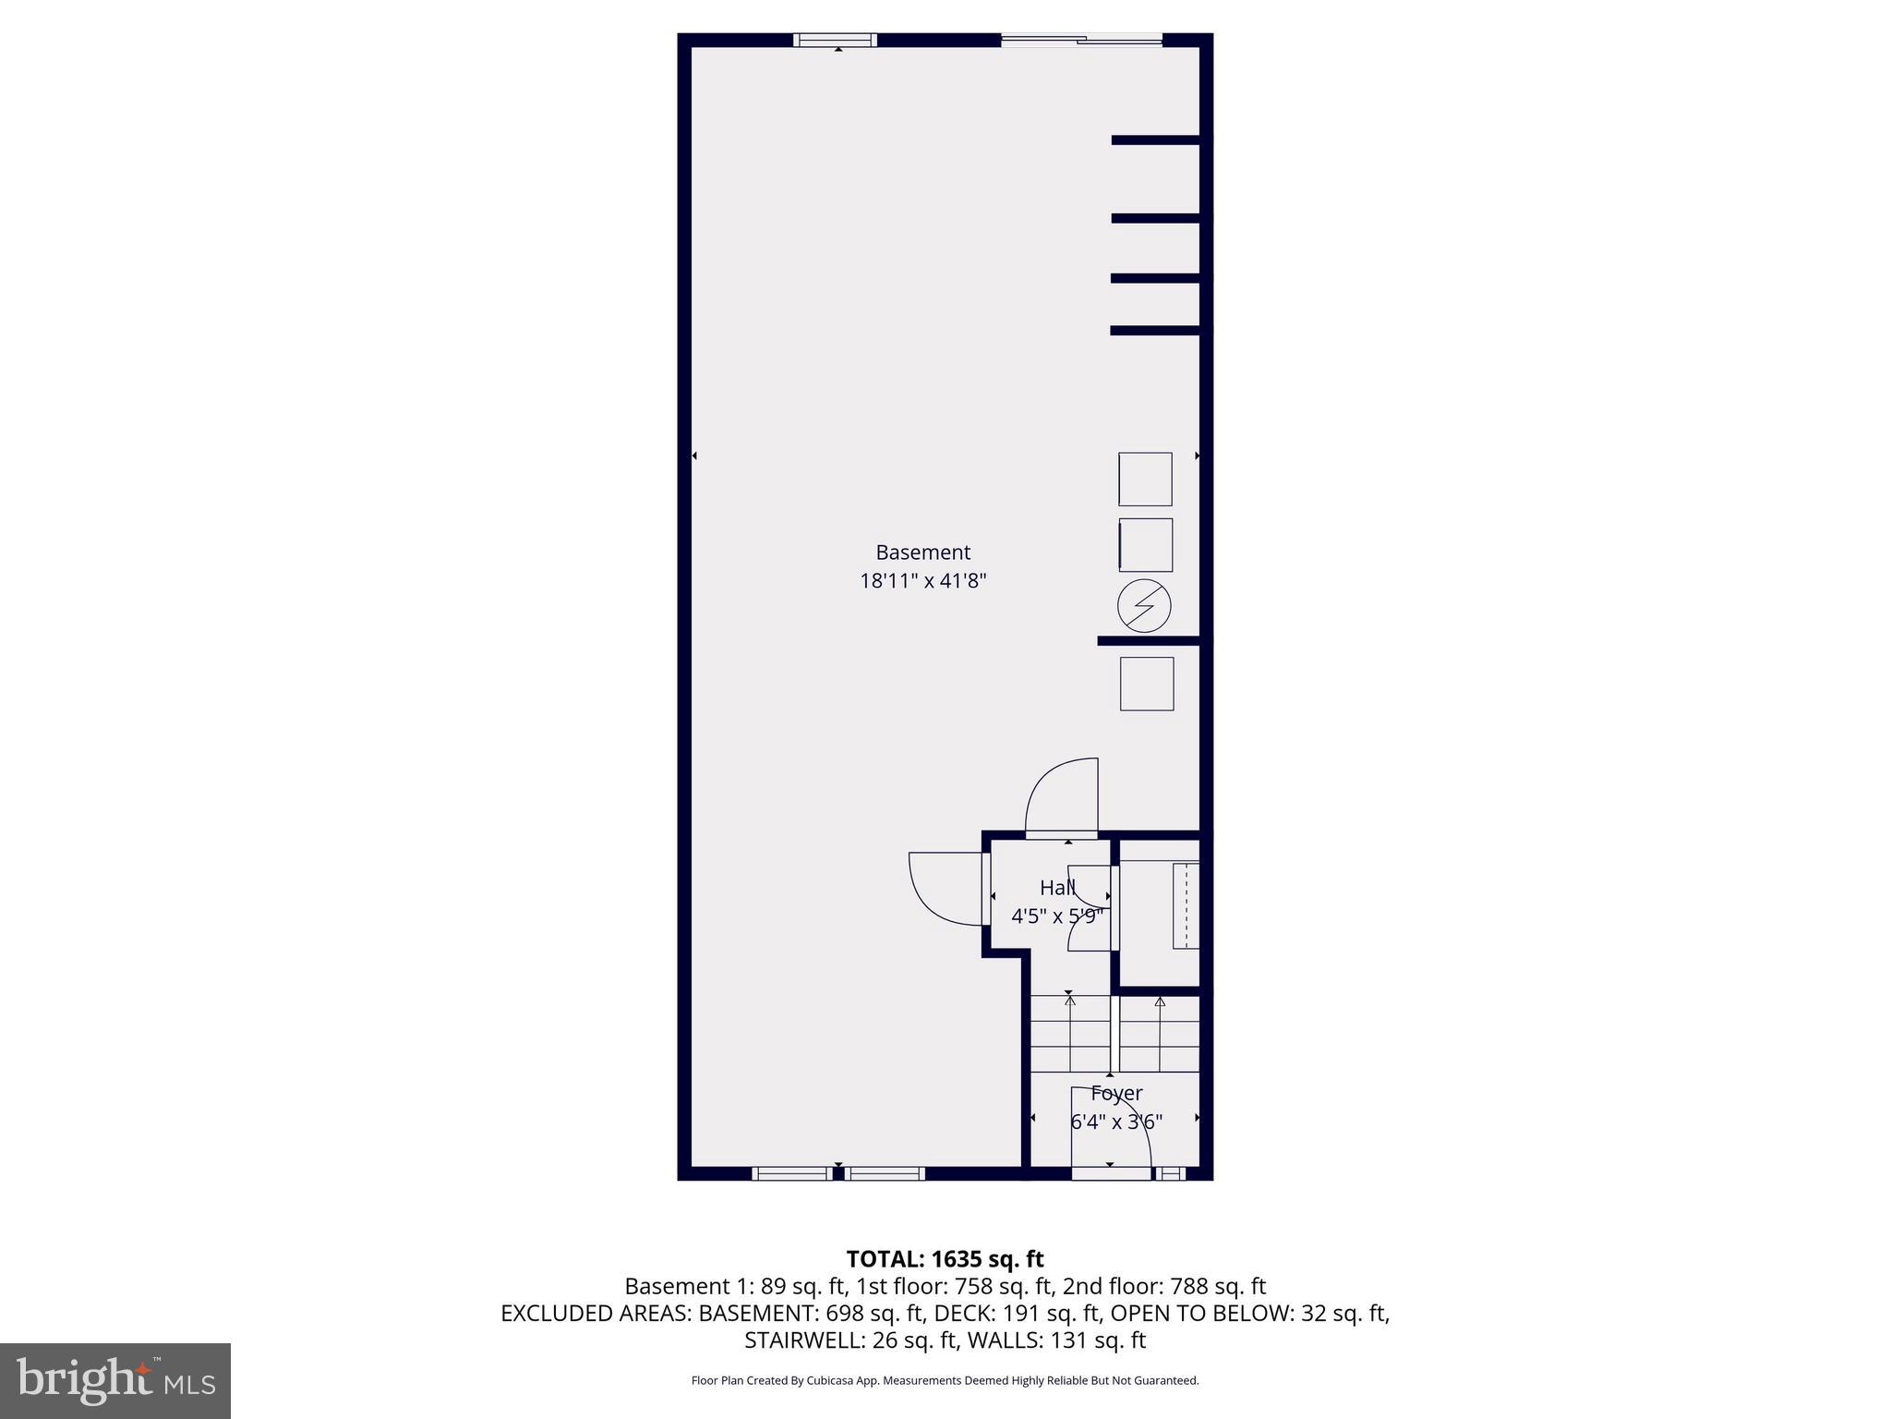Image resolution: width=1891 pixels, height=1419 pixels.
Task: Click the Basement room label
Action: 922,552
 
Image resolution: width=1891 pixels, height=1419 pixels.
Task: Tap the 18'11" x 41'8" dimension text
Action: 922,581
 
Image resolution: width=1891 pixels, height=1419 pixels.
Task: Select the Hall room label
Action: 1057,888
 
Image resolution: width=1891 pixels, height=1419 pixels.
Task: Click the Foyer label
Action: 1116,1093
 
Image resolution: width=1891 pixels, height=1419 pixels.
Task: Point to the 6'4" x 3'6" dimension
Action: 1116,1122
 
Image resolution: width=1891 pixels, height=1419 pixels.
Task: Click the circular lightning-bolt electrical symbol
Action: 1144,607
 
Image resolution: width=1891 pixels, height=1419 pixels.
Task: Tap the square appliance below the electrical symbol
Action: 1147,684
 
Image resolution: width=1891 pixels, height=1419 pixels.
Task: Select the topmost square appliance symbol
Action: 1145,479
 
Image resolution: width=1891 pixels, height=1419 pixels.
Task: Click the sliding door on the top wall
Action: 1081,40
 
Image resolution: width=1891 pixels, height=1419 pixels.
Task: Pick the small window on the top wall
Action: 836,40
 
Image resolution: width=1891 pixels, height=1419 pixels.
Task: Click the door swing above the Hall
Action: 1062,796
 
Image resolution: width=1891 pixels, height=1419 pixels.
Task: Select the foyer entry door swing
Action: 1111,1129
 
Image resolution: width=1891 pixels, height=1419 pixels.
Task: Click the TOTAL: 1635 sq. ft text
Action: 945,1259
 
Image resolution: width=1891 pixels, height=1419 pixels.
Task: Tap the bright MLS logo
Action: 115,1380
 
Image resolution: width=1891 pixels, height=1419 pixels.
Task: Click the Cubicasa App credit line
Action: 945,1381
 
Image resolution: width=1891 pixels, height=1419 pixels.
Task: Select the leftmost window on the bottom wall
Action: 791,1174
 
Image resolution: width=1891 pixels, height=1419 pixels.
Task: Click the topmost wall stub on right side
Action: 1155,140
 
